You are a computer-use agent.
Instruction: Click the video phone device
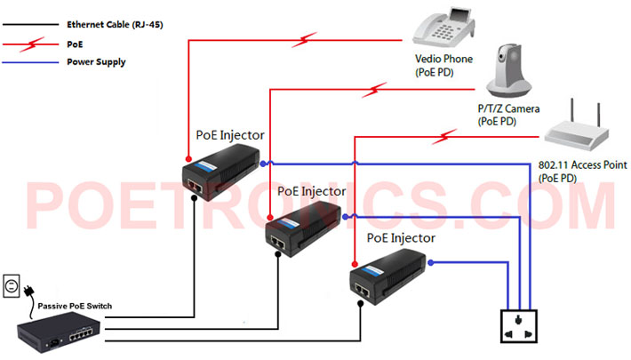[443, 28]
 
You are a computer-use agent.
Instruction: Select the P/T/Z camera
[508, 71]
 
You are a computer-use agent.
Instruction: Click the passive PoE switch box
[59, 332]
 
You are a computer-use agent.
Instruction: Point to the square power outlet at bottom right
[519, 326]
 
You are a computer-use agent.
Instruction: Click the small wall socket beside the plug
[12, 286]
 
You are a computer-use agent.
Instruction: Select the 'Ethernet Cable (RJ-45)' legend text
[115, 25]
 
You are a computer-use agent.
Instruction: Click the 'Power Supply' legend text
[96, 62]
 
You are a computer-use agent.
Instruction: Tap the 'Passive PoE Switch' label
[75, 306]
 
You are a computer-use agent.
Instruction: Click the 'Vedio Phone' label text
[443, 59]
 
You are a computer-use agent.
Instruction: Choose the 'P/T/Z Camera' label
[508, 108]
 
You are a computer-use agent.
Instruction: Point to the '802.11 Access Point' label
[582, 165]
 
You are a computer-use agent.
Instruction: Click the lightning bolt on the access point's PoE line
[444, 137]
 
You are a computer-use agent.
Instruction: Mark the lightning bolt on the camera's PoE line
[374, 90]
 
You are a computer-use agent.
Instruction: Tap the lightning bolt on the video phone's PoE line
[304, 40]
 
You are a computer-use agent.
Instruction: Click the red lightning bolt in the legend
[32, 44]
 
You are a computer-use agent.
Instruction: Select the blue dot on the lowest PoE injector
[431, 262]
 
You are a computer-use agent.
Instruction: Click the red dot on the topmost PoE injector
[188, 159]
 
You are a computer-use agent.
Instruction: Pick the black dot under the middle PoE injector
[277, 254]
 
